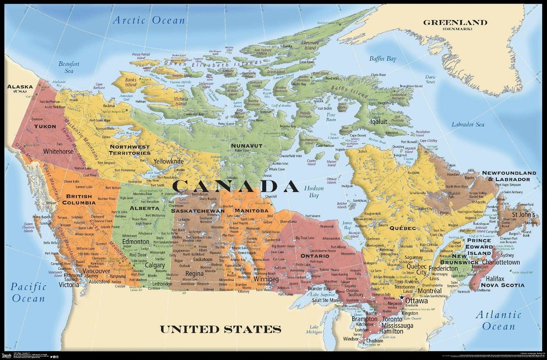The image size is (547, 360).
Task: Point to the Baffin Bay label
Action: click(x=383, y=59)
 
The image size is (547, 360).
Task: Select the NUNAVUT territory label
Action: click(x=247, y=146)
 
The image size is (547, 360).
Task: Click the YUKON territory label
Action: click(x=45, y=126)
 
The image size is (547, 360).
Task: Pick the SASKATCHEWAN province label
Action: click(x=198, y=211)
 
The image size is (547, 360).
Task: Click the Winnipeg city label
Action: click(x=266, y=280)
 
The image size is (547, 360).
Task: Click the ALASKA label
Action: click(x=18, y=88)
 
